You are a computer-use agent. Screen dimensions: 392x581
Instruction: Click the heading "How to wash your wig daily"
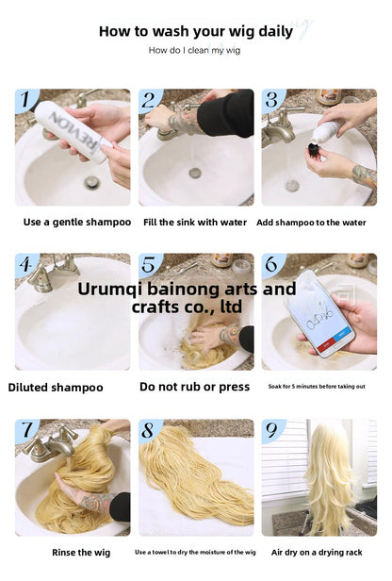tap(196, 31)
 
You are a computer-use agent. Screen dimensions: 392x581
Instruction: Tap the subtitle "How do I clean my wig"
tap(194, 50)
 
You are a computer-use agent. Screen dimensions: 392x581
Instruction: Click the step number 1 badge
tap(25, 99)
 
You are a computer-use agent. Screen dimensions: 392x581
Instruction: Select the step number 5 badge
tap(149, 264)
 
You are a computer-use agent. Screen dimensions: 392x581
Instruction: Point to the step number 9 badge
tap(271, 430)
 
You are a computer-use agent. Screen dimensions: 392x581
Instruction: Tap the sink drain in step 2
tap(195, 173)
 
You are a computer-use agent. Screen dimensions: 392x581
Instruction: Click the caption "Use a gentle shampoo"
tap(77, 222)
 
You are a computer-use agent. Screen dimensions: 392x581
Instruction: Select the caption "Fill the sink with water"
tap(195, 223)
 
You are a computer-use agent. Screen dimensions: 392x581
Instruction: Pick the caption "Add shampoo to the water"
tap(311, 223)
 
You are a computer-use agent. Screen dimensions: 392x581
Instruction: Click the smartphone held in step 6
tap(320, 313)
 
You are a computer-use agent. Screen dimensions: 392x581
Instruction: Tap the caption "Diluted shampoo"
tap(56, 388)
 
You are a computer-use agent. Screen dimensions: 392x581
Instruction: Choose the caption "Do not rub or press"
tap(194, 387)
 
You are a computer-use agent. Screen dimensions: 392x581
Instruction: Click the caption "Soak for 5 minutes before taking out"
tap(317, 387)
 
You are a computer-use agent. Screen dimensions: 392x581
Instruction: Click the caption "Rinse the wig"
tap(81, 553)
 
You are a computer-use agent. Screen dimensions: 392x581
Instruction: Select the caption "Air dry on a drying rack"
tap(317, 553)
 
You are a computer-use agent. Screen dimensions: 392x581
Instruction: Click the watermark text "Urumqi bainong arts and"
tap(187, 289)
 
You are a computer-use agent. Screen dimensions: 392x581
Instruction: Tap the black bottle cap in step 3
tap(315, 150)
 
